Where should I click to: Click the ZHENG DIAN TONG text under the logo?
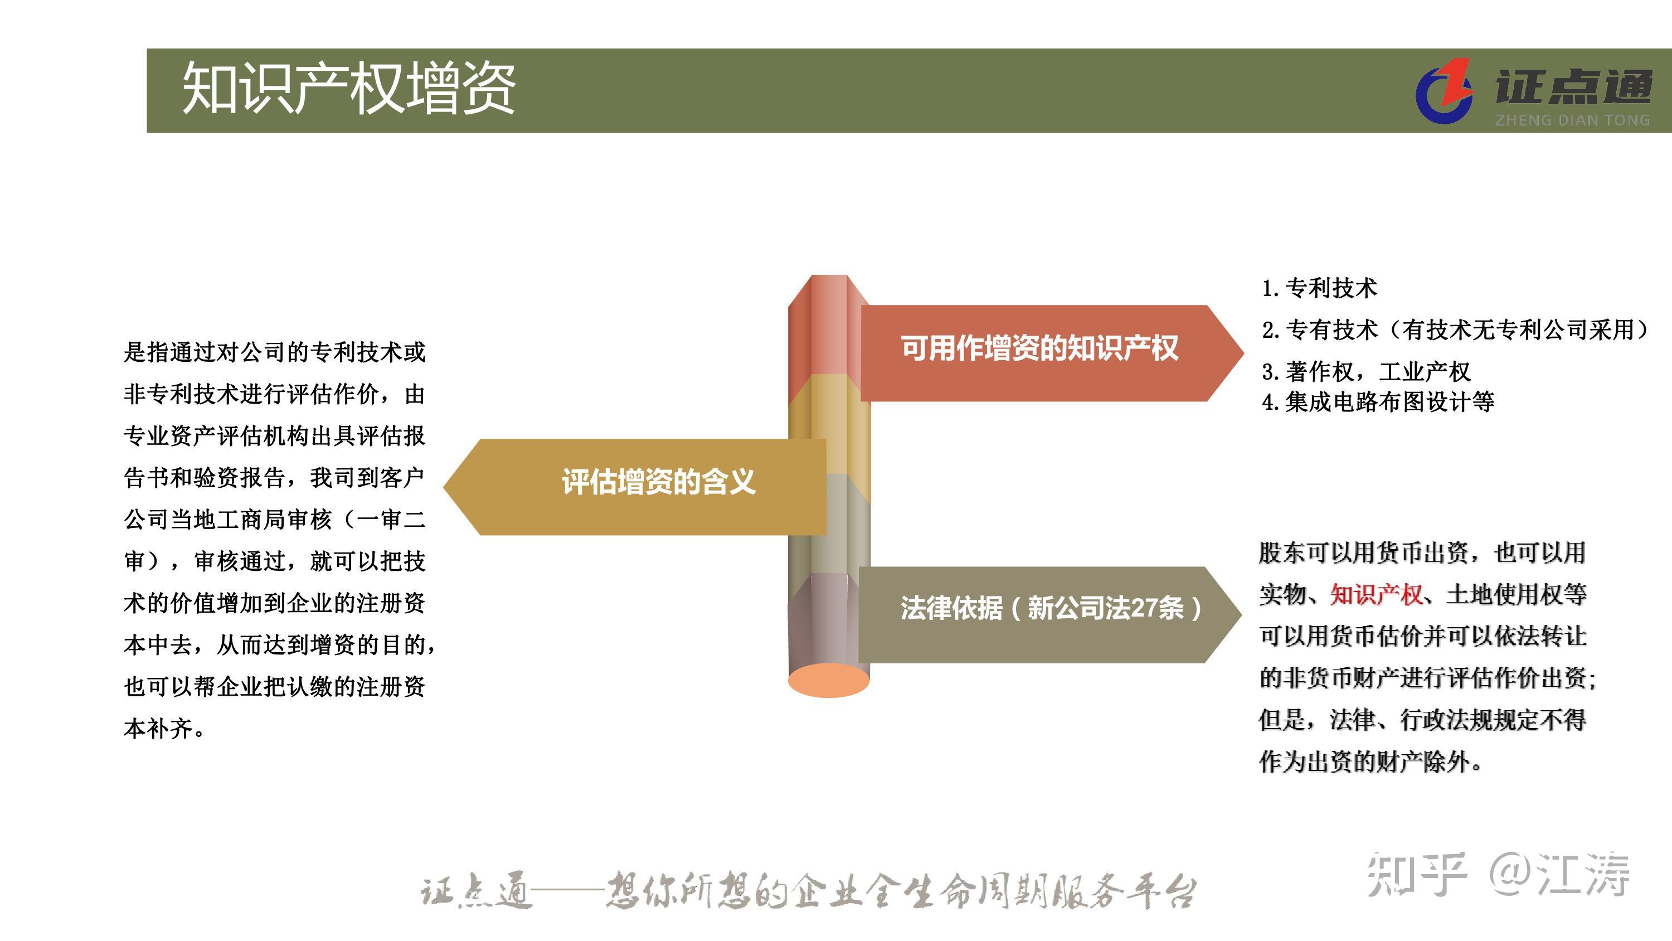pos(1572,120)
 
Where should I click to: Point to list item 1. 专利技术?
pos(1319,288)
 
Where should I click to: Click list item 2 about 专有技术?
pos(1454,330)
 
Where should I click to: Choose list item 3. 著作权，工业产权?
pos(1365,371)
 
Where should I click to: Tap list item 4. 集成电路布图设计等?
pos(1377,402)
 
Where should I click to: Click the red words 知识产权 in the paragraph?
pos(1376,594)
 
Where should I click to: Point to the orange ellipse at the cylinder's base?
pos(828,680)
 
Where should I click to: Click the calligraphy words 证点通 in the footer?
pos(475,891)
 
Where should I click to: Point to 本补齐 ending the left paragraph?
pos(158,729)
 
